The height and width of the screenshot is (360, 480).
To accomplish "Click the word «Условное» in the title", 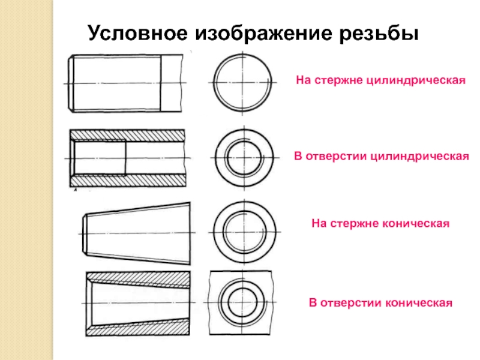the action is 137,33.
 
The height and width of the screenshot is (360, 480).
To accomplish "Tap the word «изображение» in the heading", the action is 263,33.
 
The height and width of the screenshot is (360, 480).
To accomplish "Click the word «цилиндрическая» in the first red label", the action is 416,80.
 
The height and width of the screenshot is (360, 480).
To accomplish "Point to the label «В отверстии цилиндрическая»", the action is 382,156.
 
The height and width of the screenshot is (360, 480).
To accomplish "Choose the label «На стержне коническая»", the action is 380,223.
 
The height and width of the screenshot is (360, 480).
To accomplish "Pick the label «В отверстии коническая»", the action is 380,303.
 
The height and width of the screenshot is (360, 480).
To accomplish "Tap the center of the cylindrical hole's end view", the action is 244,158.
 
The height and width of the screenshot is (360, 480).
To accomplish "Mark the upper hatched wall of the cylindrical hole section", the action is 127,135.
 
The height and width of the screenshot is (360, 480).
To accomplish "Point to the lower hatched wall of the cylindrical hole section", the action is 127,181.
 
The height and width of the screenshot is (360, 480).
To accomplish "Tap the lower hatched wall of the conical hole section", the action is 138,328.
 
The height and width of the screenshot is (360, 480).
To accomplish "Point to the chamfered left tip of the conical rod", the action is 85,233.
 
